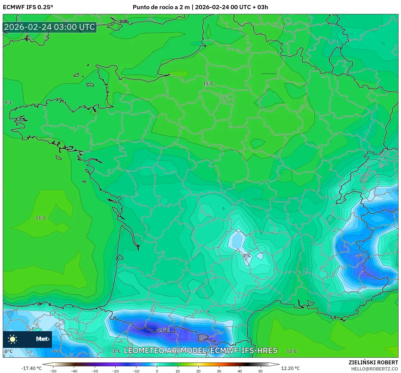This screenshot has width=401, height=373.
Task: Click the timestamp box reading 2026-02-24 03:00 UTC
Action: (x=50, y=27)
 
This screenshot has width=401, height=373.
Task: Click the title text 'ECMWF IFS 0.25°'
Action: (x=28, y=7)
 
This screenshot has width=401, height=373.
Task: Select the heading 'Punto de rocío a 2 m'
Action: (x=161, y=7)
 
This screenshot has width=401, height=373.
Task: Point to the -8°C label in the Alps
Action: (x=360, y=256)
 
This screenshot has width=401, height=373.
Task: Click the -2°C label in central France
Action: (x=246, y=256)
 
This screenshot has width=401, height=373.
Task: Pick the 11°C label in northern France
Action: (x=208, y=83)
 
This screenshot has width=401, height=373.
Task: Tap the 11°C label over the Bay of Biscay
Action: (x=41, y=218)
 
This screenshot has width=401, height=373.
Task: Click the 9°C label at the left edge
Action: (x=9, y=103)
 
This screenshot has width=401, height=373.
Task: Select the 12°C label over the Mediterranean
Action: (x=292, y=351)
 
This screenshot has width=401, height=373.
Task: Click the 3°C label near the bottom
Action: (x=117, y=351)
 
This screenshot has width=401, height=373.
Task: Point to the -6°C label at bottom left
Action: (x=56, y=351)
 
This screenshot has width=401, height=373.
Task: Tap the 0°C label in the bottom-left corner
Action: (x=9, y=351)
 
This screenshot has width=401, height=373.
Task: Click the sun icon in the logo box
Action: (x=13, y=339)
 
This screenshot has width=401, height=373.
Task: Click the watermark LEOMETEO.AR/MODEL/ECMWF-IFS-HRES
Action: (x=200, y=351)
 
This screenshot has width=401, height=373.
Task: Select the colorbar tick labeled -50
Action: (x=53, y=371)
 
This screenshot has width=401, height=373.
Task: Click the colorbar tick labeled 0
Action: (x=157, y=371)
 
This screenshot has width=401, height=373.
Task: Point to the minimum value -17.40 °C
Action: (x=31, y=368)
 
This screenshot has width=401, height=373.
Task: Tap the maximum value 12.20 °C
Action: (x=290, y=368)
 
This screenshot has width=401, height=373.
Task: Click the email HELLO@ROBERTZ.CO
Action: (x=374, y=369)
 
